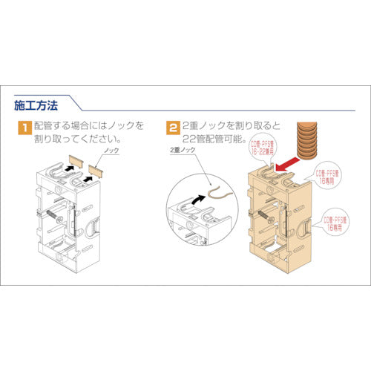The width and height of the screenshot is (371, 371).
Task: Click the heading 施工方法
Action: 38,102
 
